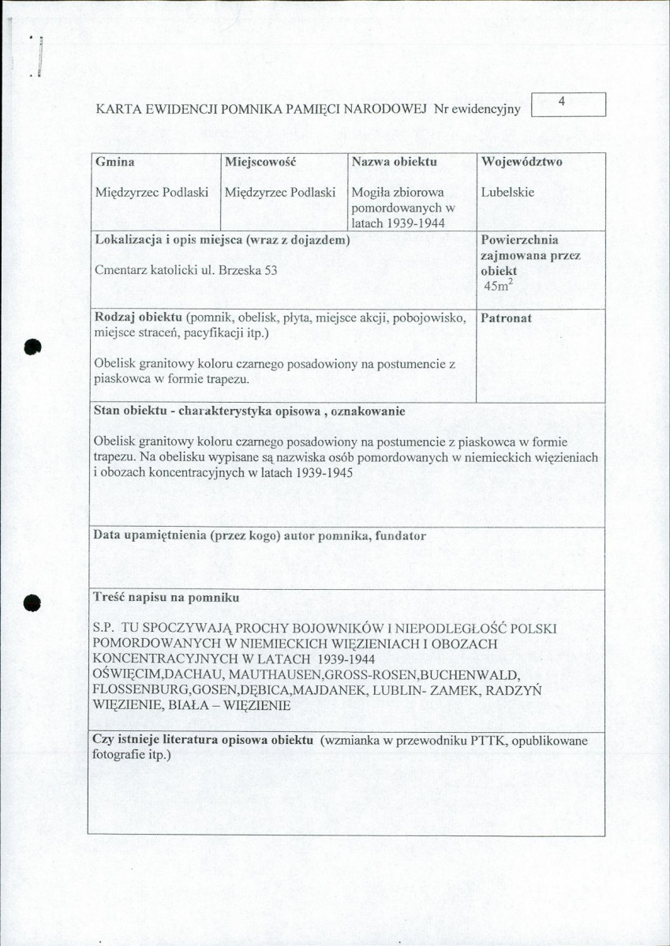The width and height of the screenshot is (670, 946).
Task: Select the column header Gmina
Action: tap(114, 162)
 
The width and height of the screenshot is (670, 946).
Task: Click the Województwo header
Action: tap(522, 162)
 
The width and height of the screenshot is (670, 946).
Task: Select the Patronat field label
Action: tap(506, 318)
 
